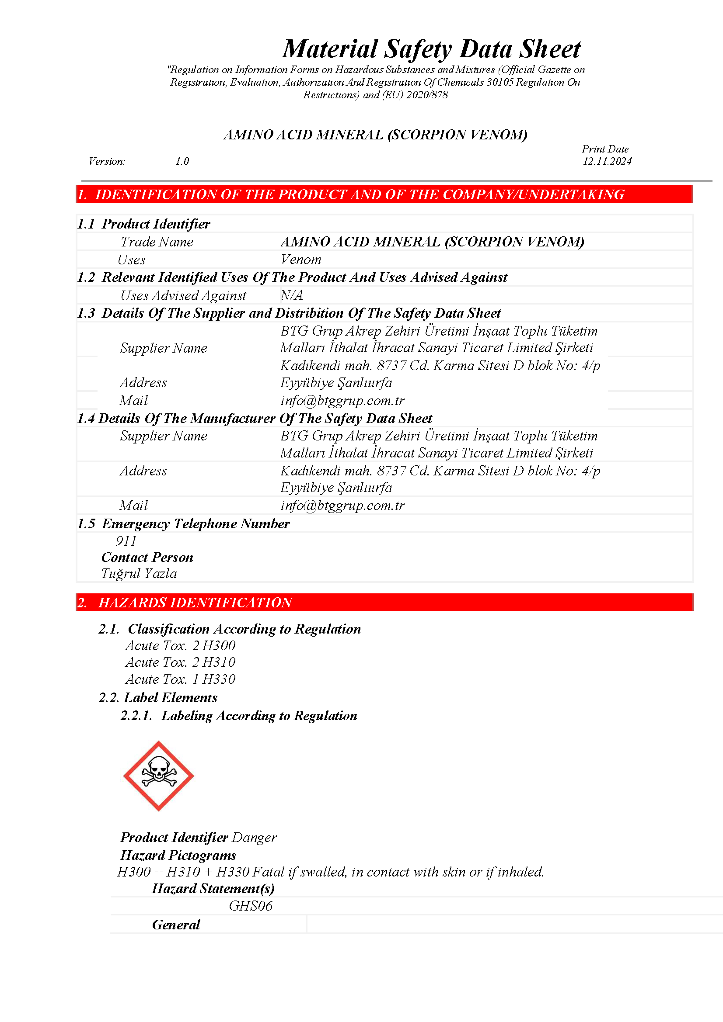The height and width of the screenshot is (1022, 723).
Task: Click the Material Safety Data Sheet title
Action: tap(431, 49)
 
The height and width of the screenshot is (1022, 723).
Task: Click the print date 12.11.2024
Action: tap(607, 161)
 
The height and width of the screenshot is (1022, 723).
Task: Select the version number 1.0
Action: tap(182, 161)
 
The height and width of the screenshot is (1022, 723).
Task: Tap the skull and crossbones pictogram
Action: tap(159, 776)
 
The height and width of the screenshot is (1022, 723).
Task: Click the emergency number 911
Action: tap(126, 541)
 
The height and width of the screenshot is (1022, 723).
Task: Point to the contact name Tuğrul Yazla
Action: tap(139, 573)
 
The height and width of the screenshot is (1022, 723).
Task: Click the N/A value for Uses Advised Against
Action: tap(292, 295)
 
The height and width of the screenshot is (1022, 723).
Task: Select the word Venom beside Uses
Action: tap(300, 260)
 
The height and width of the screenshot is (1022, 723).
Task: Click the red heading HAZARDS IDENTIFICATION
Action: tap(195, 602)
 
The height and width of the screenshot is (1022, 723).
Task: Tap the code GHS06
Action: tap(250, 906)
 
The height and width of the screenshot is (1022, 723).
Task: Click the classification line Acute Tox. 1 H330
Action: tap(180, 679)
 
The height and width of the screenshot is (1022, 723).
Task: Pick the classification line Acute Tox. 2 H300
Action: tap(180, 645)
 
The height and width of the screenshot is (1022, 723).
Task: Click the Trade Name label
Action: tap(157, 242)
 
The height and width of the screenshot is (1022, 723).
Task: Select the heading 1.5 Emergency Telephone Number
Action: tap(183, 523)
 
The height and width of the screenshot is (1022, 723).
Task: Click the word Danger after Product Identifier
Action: tap(255, 837)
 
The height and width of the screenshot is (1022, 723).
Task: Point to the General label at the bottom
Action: tap(176, 925)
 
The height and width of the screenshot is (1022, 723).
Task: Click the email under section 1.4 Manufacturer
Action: tap(342, 505)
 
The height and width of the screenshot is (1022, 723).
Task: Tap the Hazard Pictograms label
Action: tap(178, 855)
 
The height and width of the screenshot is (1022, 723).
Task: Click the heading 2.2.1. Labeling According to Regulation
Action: tap(239, 715)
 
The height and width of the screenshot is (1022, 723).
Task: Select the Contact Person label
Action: tap(147, 557)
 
